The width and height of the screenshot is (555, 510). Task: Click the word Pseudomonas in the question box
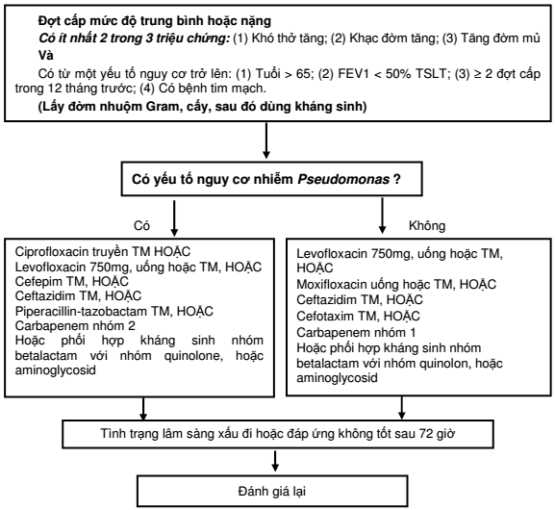(343, 179)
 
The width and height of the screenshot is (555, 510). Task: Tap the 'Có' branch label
(141, 225)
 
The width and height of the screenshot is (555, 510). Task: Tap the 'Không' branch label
(427, 225)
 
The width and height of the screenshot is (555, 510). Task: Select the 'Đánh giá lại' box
(272, 491)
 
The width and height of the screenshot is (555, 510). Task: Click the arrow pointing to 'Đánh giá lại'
(275, 461)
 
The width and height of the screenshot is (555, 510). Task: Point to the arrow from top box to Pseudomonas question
(266, 140)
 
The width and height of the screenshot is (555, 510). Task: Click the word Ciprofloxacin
(52, 252)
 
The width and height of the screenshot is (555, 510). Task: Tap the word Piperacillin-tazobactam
(81, 311)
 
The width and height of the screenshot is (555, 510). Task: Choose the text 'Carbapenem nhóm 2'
(75, 325)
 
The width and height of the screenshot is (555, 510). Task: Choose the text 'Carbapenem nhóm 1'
(356, 332)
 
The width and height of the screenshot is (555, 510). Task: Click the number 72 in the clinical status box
(426, 433)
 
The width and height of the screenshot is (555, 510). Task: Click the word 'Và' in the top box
(45, 56)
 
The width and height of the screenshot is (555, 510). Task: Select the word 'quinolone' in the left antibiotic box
(193, 355)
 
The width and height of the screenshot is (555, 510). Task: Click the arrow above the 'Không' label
(382, 216)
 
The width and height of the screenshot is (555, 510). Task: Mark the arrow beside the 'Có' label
(174, 218)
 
